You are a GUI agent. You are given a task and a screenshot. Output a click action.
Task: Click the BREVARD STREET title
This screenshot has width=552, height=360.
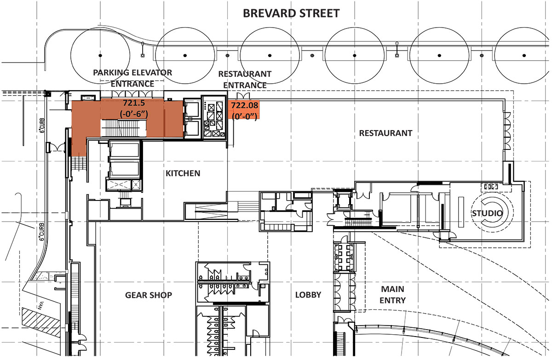point(291,13)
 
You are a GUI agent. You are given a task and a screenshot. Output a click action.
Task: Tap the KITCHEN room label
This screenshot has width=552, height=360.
point(183,173)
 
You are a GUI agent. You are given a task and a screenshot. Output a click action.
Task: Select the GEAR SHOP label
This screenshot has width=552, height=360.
point(149,295)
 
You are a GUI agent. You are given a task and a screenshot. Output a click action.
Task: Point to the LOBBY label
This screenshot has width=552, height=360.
point(308,295)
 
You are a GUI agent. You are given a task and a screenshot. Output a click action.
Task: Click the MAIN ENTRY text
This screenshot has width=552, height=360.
point(392,295)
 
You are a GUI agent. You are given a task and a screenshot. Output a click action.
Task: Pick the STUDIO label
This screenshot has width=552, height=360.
point(487,213)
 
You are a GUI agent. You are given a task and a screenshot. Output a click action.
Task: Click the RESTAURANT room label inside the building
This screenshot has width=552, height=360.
point(385,133)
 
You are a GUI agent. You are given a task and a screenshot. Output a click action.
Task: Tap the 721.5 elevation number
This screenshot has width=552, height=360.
point(134,103)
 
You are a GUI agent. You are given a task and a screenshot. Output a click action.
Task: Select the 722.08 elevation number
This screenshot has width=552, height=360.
point(244,105)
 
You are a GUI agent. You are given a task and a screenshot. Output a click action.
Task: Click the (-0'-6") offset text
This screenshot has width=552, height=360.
point(134,114)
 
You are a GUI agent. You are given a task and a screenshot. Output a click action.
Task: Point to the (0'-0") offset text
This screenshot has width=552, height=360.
point(244,116)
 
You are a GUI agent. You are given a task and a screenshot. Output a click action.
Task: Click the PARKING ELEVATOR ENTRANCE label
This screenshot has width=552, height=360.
point(132,78)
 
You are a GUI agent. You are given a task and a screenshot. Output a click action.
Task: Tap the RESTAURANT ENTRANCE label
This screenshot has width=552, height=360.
point(245,80)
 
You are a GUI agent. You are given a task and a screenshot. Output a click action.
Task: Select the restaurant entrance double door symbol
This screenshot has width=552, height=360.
point(243,96)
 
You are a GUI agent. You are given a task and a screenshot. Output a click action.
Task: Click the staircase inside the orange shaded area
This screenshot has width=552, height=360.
point(123,128)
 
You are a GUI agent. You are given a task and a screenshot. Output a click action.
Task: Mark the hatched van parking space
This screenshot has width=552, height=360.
point(41,322)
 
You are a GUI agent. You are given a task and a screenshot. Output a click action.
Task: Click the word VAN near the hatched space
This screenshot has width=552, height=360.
point(40,306)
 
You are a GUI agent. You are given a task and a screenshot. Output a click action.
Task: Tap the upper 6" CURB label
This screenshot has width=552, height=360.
point(42,126)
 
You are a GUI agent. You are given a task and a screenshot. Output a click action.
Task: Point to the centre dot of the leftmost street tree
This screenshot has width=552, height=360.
point(100,56)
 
